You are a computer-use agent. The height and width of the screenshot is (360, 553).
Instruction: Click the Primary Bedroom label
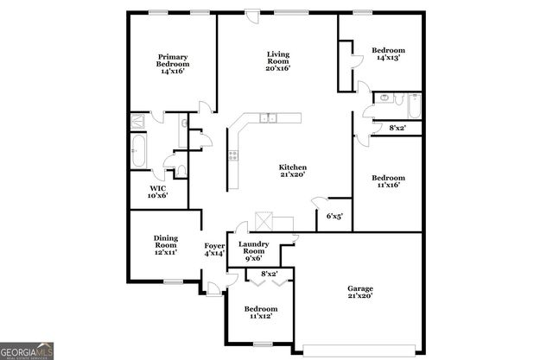click(174, 65)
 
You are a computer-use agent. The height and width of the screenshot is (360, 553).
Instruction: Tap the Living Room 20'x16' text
click(277, 60)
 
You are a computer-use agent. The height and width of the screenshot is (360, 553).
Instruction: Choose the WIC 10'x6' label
click(158, 192)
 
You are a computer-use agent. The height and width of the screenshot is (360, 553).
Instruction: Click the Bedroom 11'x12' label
click(260, 313)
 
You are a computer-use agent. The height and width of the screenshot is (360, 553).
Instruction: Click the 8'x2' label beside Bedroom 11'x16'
click(398, 129)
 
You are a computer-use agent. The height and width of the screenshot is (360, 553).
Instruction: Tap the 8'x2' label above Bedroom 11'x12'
click(268, 275)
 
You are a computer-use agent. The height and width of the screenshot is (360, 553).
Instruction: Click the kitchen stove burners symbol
click(232, 156)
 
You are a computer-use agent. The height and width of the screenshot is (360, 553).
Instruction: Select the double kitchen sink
click(270, 117)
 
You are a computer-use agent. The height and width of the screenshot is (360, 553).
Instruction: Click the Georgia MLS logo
click(28, 351)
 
